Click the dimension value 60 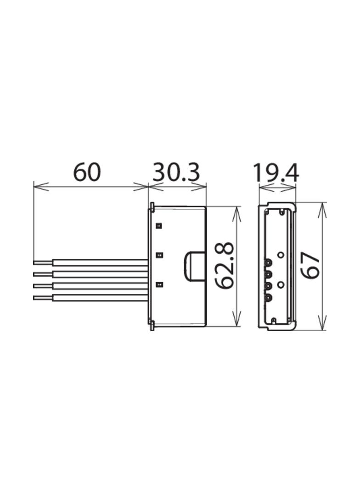tap(87, 172)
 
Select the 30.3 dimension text tap(176, 172)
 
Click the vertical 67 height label tap(310, 266)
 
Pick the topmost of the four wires tap(90, 262)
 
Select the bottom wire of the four tap(90, 298)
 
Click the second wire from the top tap(90, 274)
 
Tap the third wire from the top tap(90, 286)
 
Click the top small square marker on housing tap(159, 225)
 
